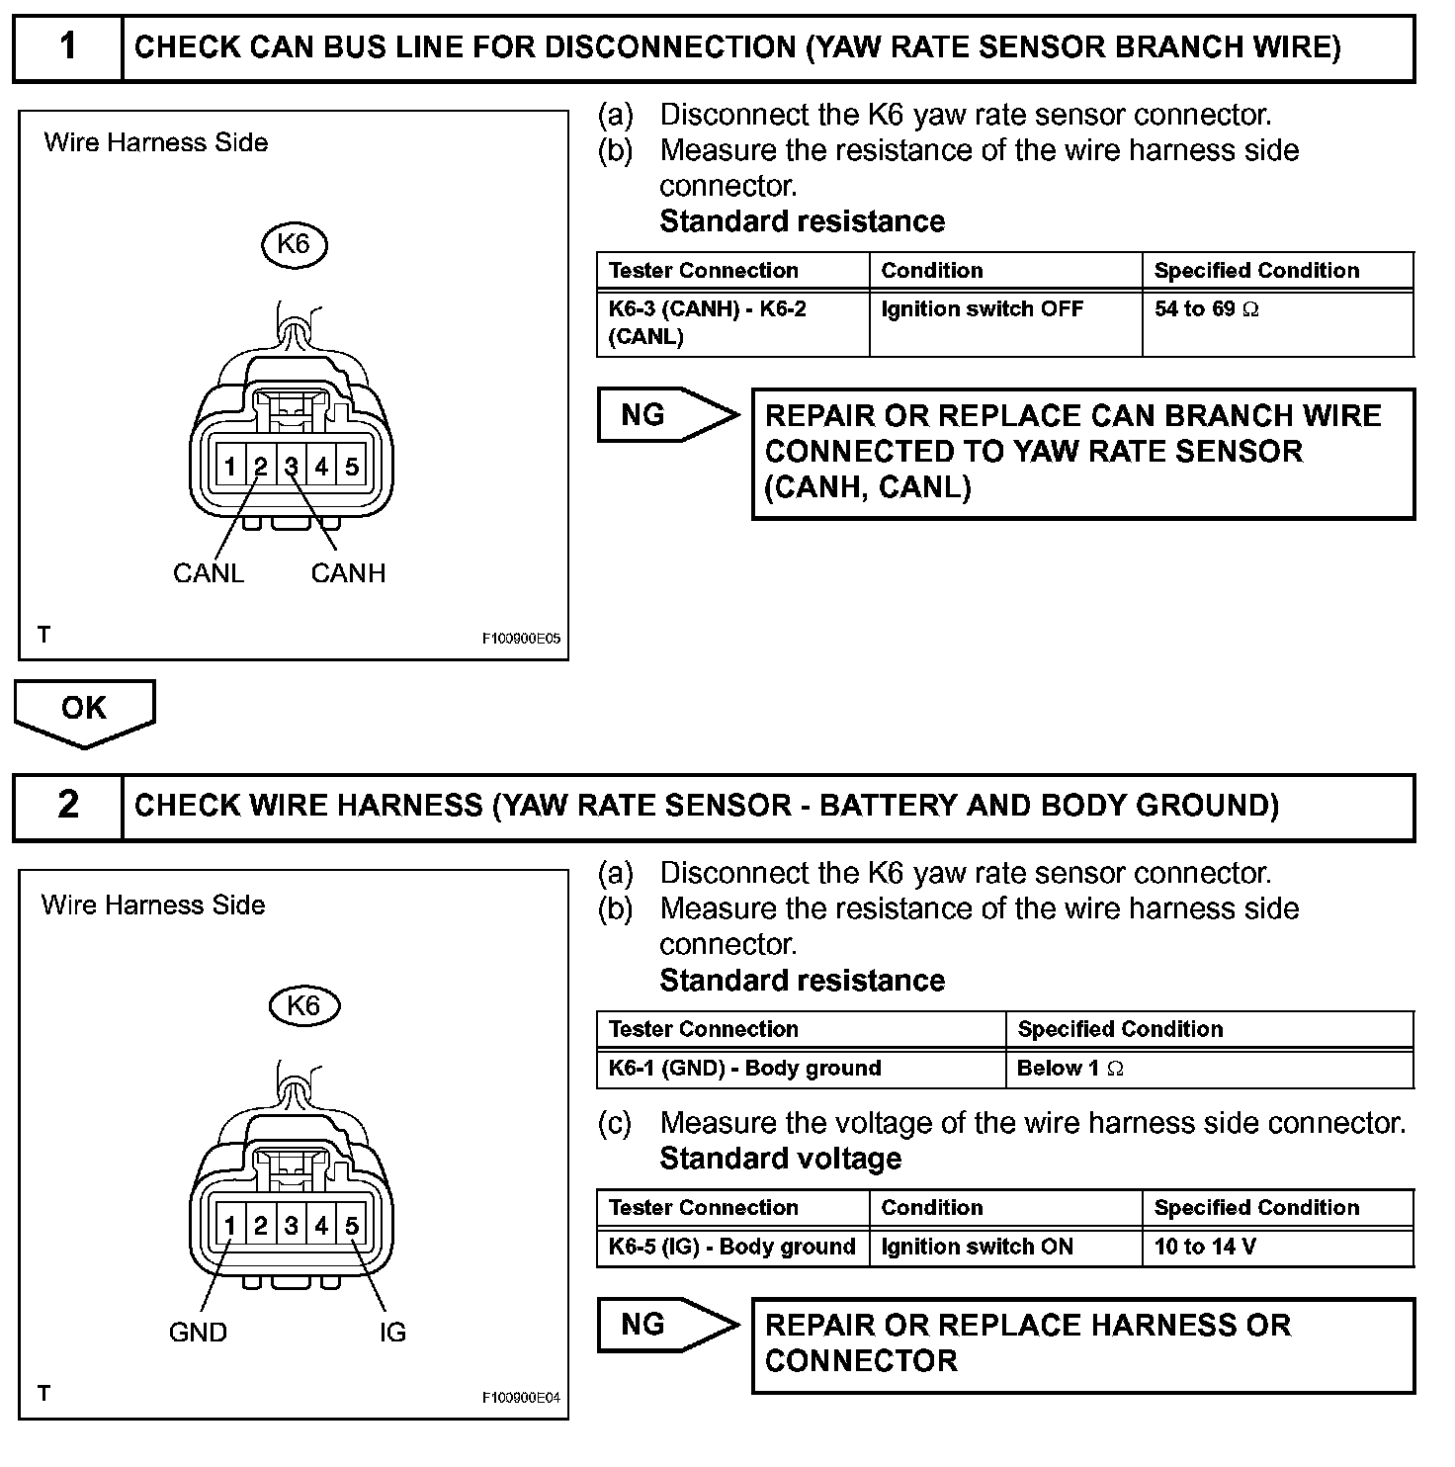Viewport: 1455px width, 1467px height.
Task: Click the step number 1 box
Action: [x=67, y=47]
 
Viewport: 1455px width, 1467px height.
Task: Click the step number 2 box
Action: [x=67, y=806]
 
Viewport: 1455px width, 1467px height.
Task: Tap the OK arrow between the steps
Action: [x=84, y=710]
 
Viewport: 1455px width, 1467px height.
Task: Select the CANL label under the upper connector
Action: [x=208, y=573]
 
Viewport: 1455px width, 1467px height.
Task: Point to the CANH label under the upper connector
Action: [x=348, y=573]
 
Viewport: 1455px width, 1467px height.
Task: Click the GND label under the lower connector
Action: [x=198, y=1333]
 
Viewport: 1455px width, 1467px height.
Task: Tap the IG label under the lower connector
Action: [x=392, y=1333]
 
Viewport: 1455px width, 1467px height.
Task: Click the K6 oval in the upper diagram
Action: [x=294, y=244]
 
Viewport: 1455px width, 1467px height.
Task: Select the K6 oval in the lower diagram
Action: [x=303, y=1005]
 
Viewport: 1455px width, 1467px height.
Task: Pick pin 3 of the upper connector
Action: [x=292, y=466]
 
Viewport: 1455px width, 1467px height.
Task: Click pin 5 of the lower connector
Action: [x=352, y=1226]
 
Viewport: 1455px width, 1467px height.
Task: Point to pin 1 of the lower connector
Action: [x=229, y=1226]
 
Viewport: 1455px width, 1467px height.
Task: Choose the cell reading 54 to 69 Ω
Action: [x=1206, y=309]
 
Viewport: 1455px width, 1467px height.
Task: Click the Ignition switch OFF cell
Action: [x=982, y=309]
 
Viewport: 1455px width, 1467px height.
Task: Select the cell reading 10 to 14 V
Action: [x=1205, y=1247]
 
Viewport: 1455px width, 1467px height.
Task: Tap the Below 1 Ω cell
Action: [x=1070, y=1069]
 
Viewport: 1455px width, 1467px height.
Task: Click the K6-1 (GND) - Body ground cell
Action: [x=744, y=1069]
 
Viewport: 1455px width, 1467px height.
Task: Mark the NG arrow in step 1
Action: [x=665, y=415]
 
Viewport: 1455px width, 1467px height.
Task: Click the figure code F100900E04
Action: [x=521, y=1398]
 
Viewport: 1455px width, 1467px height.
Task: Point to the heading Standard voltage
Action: [x=780, y=1159]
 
